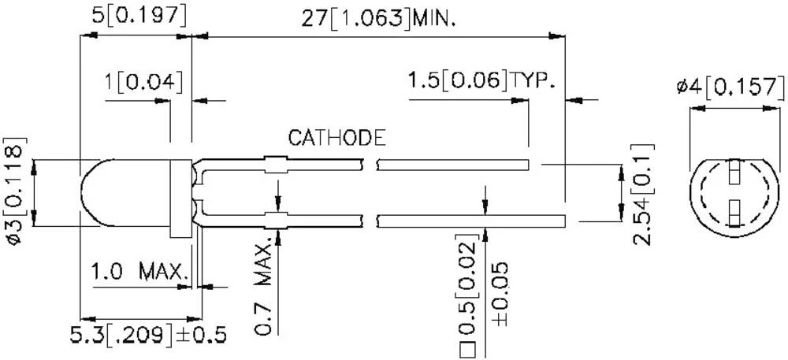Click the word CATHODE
tap(336, 139)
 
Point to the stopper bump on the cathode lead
tap(274, 165)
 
